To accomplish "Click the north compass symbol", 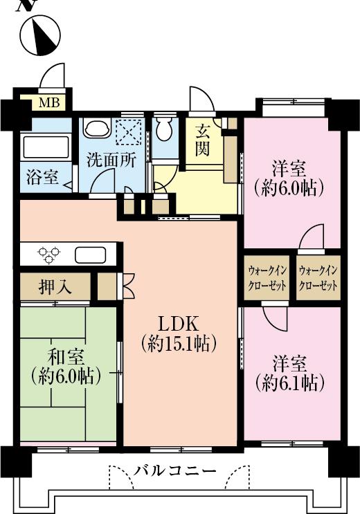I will pyautogui.click(x=39, y=36).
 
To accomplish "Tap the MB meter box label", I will pyautogui.click(x=48, y=104).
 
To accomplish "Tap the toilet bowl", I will pyautogui.click(x=165, y=129).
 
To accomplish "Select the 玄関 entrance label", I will pyautogui.click(x=202, y=139).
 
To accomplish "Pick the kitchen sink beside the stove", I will pyautogui.click(x=91, y=255).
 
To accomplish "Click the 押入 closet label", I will pyautogui.click(x=55, y=286).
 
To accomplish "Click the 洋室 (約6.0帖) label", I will pyautogui.click(x=289, y=178).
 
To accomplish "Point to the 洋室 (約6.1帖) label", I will pyautogui.click(x=289, y=372).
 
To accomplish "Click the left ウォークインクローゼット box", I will pyautogui.click(x=267, y=277).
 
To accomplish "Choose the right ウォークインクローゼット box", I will pyautogui.click(x=318, y=277).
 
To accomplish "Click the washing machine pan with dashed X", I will pyautogui.click(x=129, y=131).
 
